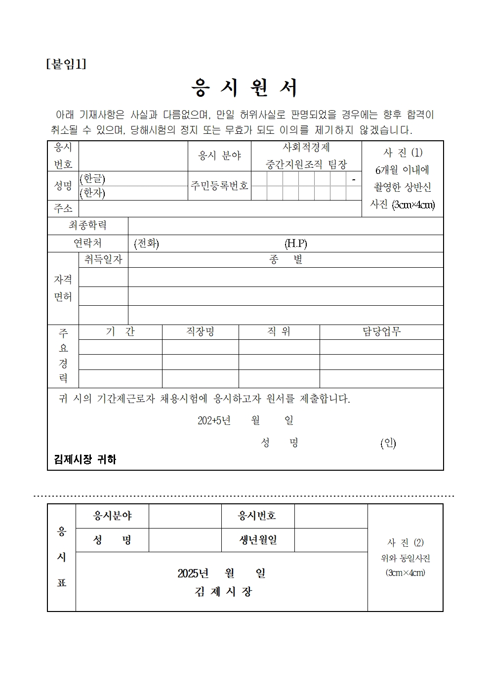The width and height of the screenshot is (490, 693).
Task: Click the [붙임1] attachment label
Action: (x=66, y=64)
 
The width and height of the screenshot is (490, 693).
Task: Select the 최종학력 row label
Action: (x=87, y=226)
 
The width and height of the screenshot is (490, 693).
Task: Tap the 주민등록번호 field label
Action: (x=219, y=186)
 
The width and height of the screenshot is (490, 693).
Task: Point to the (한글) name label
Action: (x=92, y=179)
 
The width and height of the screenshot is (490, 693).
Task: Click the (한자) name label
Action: (x=92, y=193)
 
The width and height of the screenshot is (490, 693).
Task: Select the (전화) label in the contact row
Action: (x=147, y=244)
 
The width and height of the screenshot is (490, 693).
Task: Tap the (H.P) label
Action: (x=295, y=244)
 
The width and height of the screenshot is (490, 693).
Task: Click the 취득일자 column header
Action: (x=103, y=260)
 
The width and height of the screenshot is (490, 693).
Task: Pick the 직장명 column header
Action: (x=200, y=332)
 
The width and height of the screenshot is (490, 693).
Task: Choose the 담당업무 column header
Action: (x=381, y=332)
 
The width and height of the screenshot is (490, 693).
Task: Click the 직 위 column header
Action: (x=279, y=332)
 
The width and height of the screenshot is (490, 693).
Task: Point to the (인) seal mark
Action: (x=388, y=443)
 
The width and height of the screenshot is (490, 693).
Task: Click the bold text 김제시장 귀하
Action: (x=85, y=460)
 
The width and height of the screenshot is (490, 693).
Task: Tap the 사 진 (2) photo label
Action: (x=405, y=543)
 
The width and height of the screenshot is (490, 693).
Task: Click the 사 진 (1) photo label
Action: (x=403, y=153)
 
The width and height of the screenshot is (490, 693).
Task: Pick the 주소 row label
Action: (x=63, y=208)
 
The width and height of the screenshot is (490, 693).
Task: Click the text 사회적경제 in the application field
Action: (x=306, y=148)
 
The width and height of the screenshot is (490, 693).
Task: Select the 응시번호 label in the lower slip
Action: (x=257, y=516)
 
